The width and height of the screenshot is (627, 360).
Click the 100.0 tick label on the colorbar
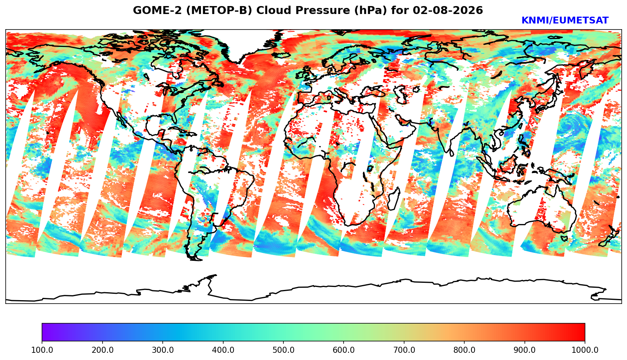click(x=42, y=350)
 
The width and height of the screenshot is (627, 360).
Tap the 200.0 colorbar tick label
click(x=103, y=350)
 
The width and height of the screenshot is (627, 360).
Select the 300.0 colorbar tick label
click(x=163, y=350)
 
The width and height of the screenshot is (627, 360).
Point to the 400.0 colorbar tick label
click(x=223, y=350)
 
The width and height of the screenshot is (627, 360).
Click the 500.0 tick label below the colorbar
click(x=283, y=350)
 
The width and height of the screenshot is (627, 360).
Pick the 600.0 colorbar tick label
click(x=344, y=350)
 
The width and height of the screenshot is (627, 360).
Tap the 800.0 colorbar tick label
click(x=464, y=350)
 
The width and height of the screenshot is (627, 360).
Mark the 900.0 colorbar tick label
click(x=524, y=350)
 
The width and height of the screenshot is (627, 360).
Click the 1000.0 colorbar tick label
click(x=585, y=350)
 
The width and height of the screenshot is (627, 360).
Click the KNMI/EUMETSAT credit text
click(x=565, y=20)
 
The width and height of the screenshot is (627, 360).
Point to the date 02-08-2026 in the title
click(x=448, y=10)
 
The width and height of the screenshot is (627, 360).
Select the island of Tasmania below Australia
click(x=564, y=238)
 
